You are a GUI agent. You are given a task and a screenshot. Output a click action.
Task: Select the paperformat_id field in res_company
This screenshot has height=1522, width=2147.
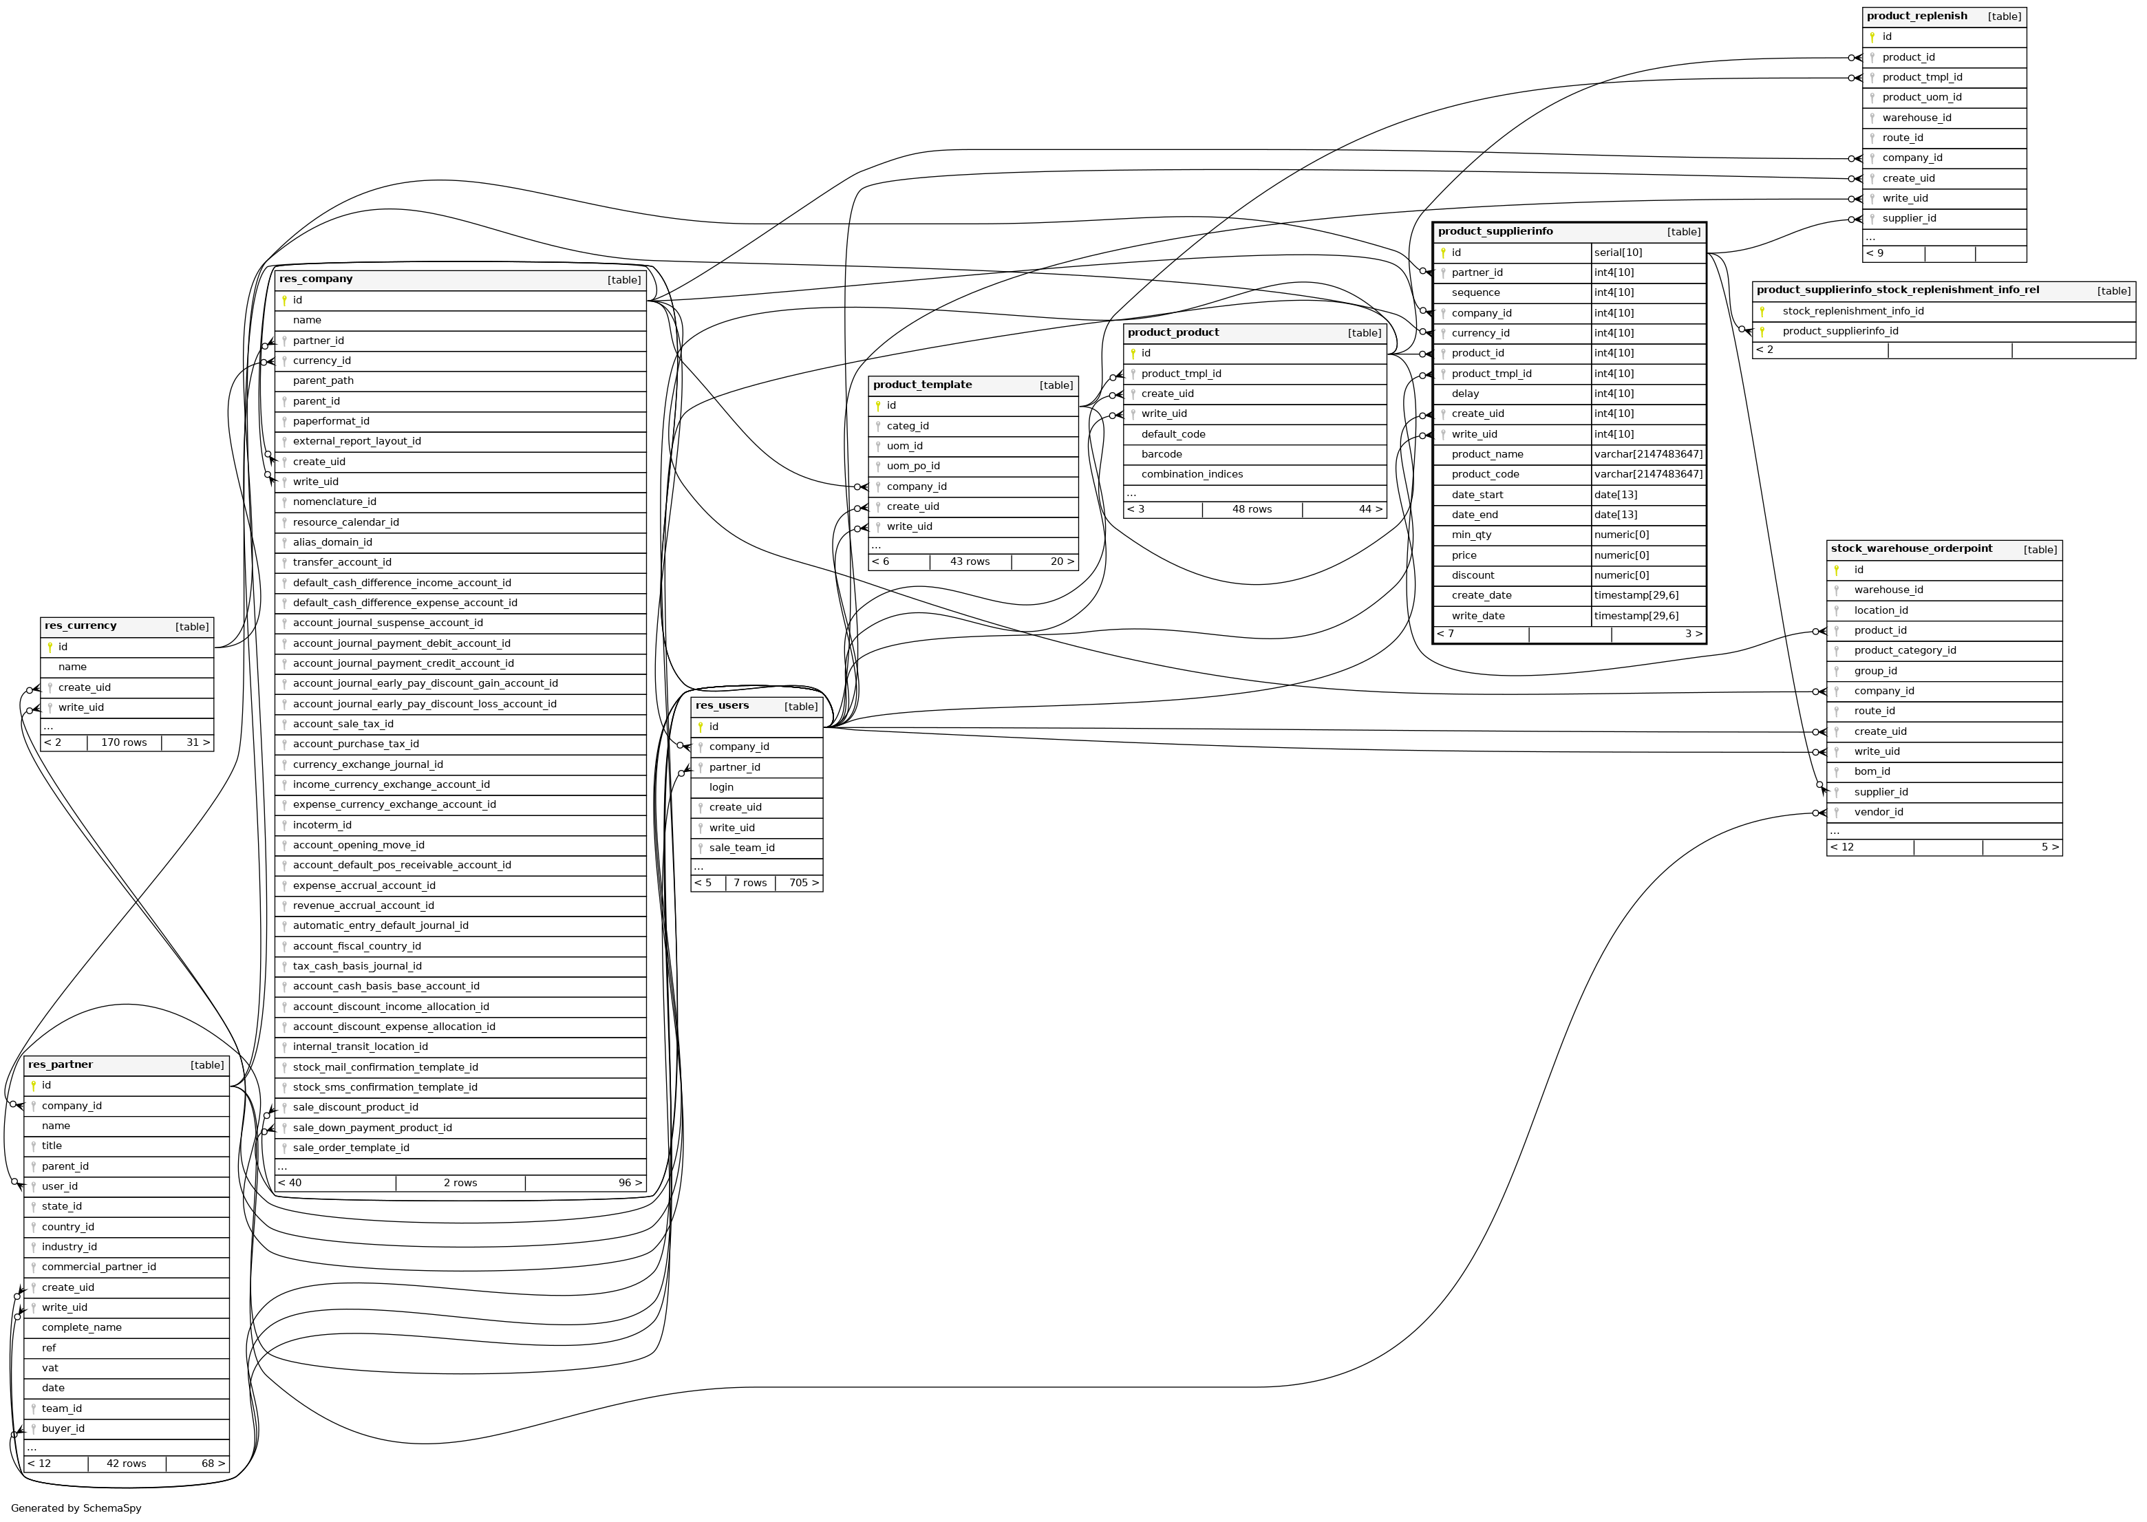(x=331, y=422)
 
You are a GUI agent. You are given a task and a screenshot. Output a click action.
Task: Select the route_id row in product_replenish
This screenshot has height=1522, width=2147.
(x=1903, y=138)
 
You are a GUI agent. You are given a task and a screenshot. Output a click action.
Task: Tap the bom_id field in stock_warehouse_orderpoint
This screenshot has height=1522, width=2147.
(x=1872, y=772)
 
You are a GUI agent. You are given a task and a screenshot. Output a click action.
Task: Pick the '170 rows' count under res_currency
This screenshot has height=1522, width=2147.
(x=124, y=743)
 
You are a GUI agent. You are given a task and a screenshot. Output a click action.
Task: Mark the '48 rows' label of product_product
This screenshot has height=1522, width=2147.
(x=1251, y=510)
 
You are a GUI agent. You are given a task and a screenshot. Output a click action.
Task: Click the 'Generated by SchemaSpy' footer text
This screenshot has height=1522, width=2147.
(x=76, y=1508)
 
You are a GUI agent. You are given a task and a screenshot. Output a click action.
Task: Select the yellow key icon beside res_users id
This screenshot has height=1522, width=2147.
(x=700, y=727)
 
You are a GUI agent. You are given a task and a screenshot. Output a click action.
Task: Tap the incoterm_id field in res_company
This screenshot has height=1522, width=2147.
(x=321, y=826)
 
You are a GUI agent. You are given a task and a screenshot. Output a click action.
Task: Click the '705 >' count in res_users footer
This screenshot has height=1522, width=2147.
(x=803, y=883)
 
